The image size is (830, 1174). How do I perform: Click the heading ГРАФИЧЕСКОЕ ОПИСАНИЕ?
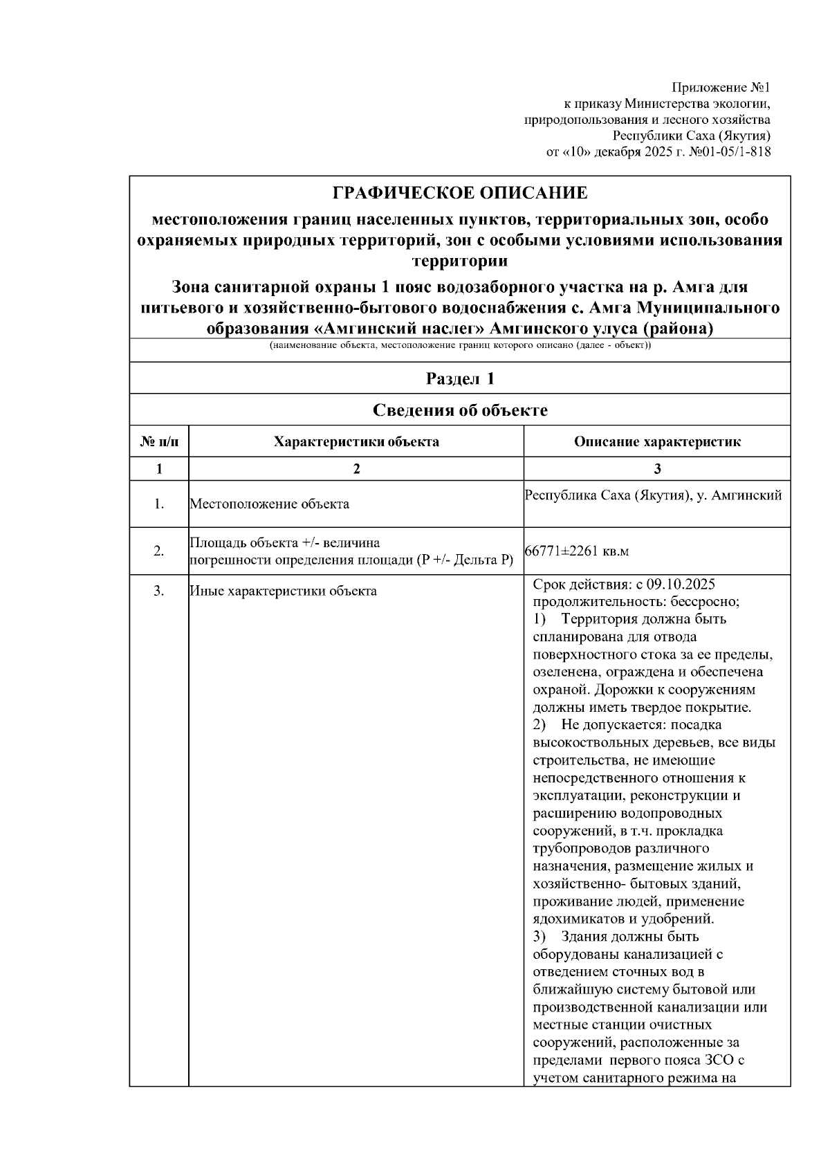[460, 192]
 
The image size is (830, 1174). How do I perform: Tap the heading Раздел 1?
[460, 378]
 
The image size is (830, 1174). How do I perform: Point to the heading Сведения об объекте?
[460, 410]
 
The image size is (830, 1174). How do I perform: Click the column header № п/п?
[159, 442]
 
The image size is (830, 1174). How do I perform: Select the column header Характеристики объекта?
[356, 442]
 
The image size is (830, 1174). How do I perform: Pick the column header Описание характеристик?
[657, 442]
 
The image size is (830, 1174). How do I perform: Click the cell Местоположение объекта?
[270, 504]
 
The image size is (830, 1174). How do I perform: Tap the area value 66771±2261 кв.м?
[577, 551]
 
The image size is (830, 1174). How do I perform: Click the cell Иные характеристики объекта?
[284, 591]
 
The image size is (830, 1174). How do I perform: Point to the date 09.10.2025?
[681, 584]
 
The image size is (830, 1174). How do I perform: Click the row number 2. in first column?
[159, 551]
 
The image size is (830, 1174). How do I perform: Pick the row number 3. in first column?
[159, 591]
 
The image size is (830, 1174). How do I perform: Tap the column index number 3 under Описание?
[657, 469]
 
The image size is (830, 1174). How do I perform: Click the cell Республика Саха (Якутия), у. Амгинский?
[654, 495]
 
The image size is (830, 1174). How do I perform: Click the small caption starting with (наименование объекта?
[460, 345]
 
